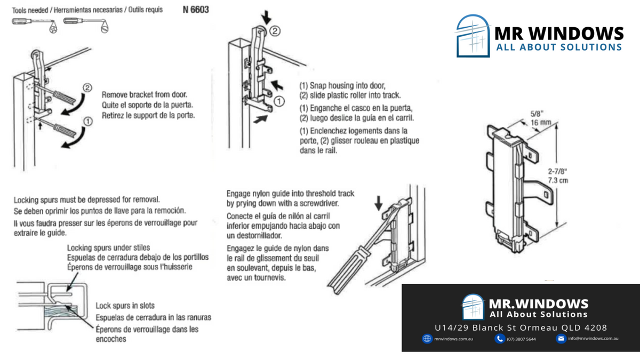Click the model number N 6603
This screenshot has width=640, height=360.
(x=196, y=10)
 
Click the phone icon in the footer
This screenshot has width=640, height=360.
(x=500, y=339)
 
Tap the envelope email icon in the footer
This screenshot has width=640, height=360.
(x=561, y=339)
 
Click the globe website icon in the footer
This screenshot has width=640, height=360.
(x=427, y=339)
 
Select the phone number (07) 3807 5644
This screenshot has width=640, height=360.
(x=521, y=339)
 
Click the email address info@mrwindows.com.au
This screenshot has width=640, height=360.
(x=593, y=339)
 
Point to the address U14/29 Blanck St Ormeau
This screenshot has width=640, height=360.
(x=521, y=327)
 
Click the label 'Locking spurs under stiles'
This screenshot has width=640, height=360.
(x=108, y=247)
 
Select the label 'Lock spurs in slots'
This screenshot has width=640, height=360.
(x=125, y=306)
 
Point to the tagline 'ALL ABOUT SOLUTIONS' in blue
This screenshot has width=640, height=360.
(x=559, y=47)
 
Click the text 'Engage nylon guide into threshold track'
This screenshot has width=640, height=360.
(x=290, y=194)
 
